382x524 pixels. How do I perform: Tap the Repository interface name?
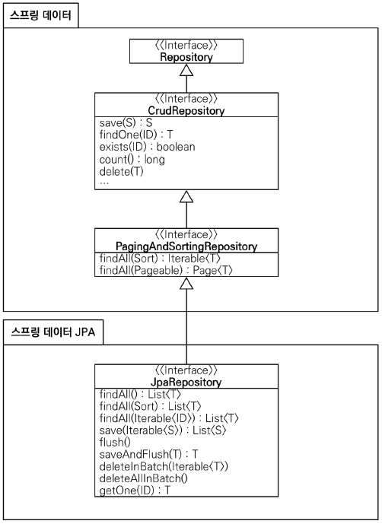(x=186, y=56)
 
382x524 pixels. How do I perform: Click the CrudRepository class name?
(x=186, y=110)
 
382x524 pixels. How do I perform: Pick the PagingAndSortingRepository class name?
(x=186, y=246)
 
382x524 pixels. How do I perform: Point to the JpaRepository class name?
(x=186, y=382)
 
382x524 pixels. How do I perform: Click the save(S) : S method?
(x=126, y=123)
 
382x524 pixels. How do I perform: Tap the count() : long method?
(x=132, y=160)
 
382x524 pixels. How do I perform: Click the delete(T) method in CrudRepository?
(x=120, y=172)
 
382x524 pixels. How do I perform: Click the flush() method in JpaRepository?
(x=115, y=442)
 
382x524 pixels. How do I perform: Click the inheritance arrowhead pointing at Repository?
(x=186, y=70)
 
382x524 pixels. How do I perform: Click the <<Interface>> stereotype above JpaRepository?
(x=186, y=371)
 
